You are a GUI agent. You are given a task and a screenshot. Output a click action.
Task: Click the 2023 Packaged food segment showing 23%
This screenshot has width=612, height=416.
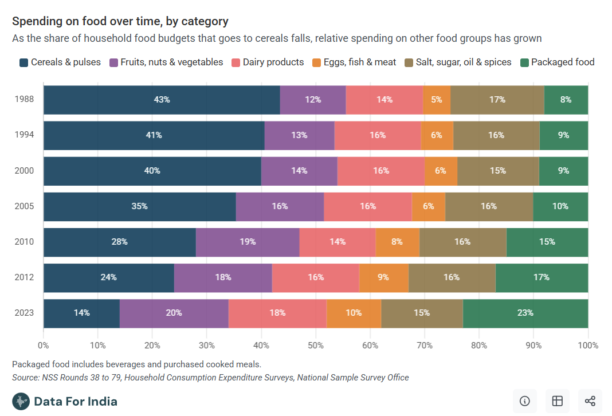(x=525, y=313)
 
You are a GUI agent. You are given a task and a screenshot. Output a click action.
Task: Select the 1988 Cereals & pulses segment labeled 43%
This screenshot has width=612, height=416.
(x=162, y=100)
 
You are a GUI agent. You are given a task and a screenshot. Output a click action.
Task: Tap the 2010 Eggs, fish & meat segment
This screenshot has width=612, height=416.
(x=397, y=242)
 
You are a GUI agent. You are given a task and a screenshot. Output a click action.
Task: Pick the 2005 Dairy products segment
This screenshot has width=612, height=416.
(x=367, y=206)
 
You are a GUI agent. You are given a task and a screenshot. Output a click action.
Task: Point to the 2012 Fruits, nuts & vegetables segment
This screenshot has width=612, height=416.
(x=223, y=277)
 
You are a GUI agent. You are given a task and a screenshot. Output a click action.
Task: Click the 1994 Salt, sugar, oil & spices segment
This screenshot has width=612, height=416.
(x=496, y=135)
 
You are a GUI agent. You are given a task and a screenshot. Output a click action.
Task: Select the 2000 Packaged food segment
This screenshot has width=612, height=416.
(x=563, y=171)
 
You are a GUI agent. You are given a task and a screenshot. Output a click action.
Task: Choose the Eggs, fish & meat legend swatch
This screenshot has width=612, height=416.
(x=317, y=62)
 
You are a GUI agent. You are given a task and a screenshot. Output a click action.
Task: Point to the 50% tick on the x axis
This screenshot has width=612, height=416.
(x=316, y=345)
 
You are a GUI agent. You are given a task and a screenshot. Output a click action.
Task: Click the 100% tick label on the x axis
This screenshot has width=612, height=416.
(x=588, y=345)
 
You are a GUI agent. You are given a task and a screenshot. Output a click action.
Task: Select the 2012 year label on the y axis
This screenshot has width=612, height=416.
(x=24, y=277)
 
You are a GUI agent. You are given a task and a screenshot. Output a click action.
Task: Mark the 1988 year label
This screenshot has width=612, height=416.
(x=24, y=100)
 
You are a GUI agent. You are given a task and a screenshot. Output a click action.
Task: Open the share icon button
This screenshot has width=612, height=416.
(x=590, y=401)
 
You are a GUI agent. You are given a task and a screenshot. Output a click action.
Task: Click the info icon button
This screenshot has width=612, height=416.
(x=524, y=401)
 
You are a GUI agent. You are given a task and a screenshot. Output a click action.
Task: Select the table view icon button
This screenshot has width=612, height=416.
(x=557, y=401)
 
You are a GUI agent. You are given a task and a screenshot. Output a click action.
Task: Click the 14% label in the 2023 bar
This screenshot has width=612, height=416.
(x=81, y=313)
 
